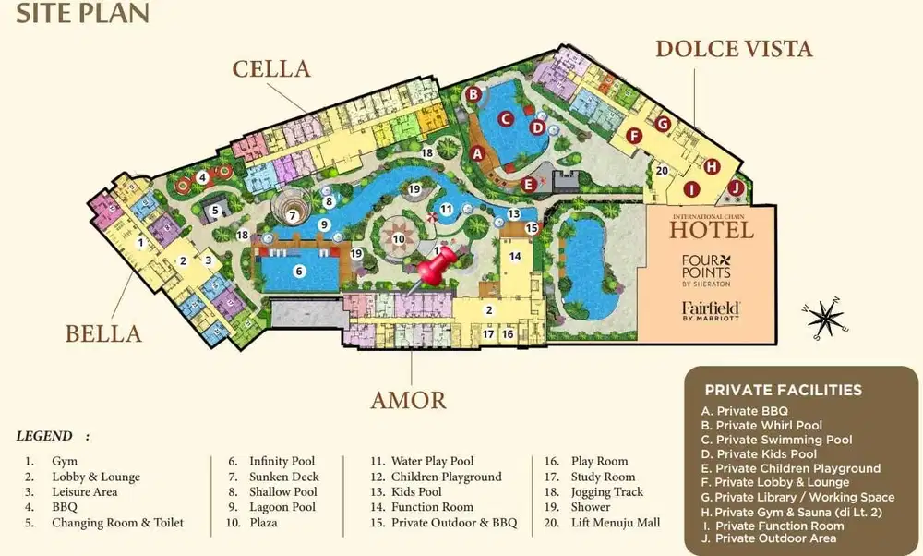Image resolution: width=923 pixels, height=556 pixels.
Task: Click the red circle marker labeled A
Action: (477, 154)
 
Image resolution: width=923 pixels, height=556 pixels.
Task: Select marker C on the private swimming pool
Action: (506, 118)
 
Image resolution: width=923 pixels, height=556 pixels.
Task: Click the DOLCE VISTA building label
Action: (734, 48)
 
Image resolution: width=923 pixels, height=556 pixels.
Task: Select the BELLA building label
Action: (103, 333)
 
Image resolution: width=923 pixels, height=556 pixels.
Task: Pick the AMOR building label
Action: (408, 400)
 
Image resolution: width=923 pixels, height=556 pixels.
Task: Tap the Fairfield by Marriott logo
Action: (712, 310)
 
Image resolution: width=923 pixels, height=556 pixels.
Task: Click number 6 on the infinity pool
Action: (298, 272)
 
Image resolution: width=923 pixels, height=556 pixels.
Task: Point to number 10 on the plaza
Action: (398, 238)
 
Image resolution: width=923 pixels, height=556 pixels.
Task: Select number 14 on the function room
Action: (515, 256)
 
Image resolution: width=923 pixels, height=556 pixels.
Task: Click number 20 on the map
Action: (661, 170)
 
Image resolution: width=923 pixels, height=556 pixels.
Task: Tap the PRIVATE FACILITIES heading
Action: (783, 390)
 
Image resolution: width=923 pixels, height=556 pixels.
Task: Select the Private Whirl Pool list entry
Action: (761, 425)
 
